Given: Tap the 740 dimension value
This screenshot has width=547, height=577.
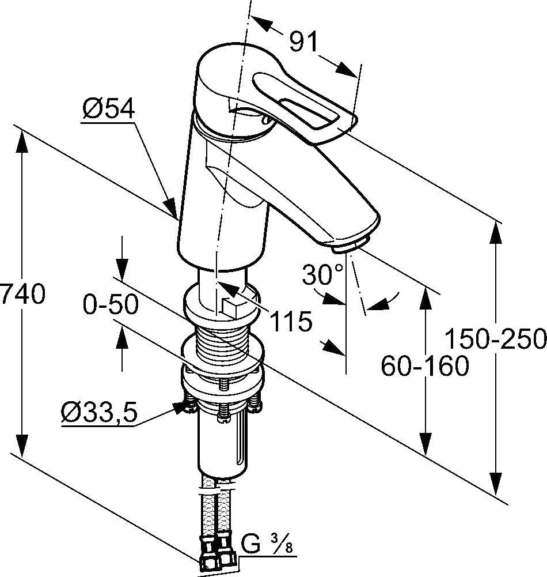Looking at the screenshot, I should pos(22,295).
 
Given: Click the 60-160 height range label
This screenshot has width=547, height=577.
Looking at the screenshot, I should pos(425,365).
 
